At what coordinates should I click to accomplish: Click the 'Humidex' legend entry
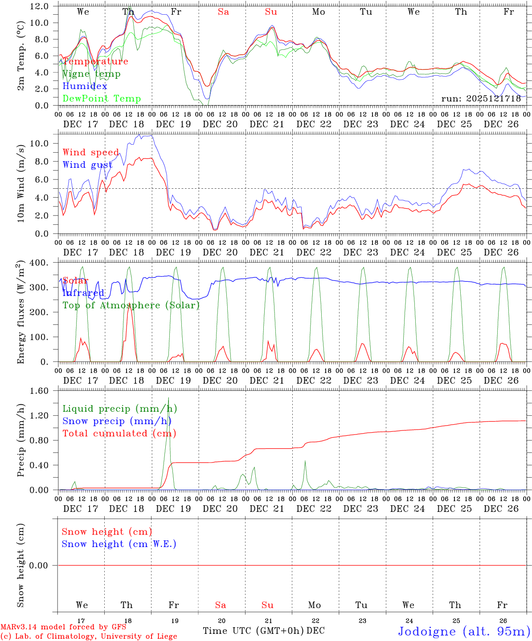(x=85, y=86)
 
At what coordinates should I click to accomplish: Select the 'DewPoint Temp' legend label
(x=102, y=99)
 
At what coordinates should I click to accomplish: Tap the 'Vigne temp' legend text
(x=91, y=74)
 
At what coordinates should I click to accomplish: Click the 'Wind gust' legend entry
(x=87, y=165)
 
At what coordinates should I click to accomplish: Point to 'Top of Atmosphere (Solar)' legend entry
(x=131, y=305)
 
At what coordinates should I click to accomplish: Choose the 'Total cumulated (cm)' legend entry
(x=119, y=433)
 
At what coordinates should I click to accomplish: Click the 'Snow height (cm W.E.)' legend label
(x=119, y=544)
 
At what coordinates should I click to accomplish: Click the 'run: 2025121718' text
(x=481, y=98)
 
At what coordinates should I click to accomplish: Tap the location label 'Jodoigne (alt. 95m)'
(x=464, y=631)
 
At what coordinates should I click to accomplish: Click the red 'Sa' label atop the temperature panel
(x=223, y=12)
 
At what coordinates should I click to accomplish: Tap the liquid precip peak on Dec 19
(x=168, y=398)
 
